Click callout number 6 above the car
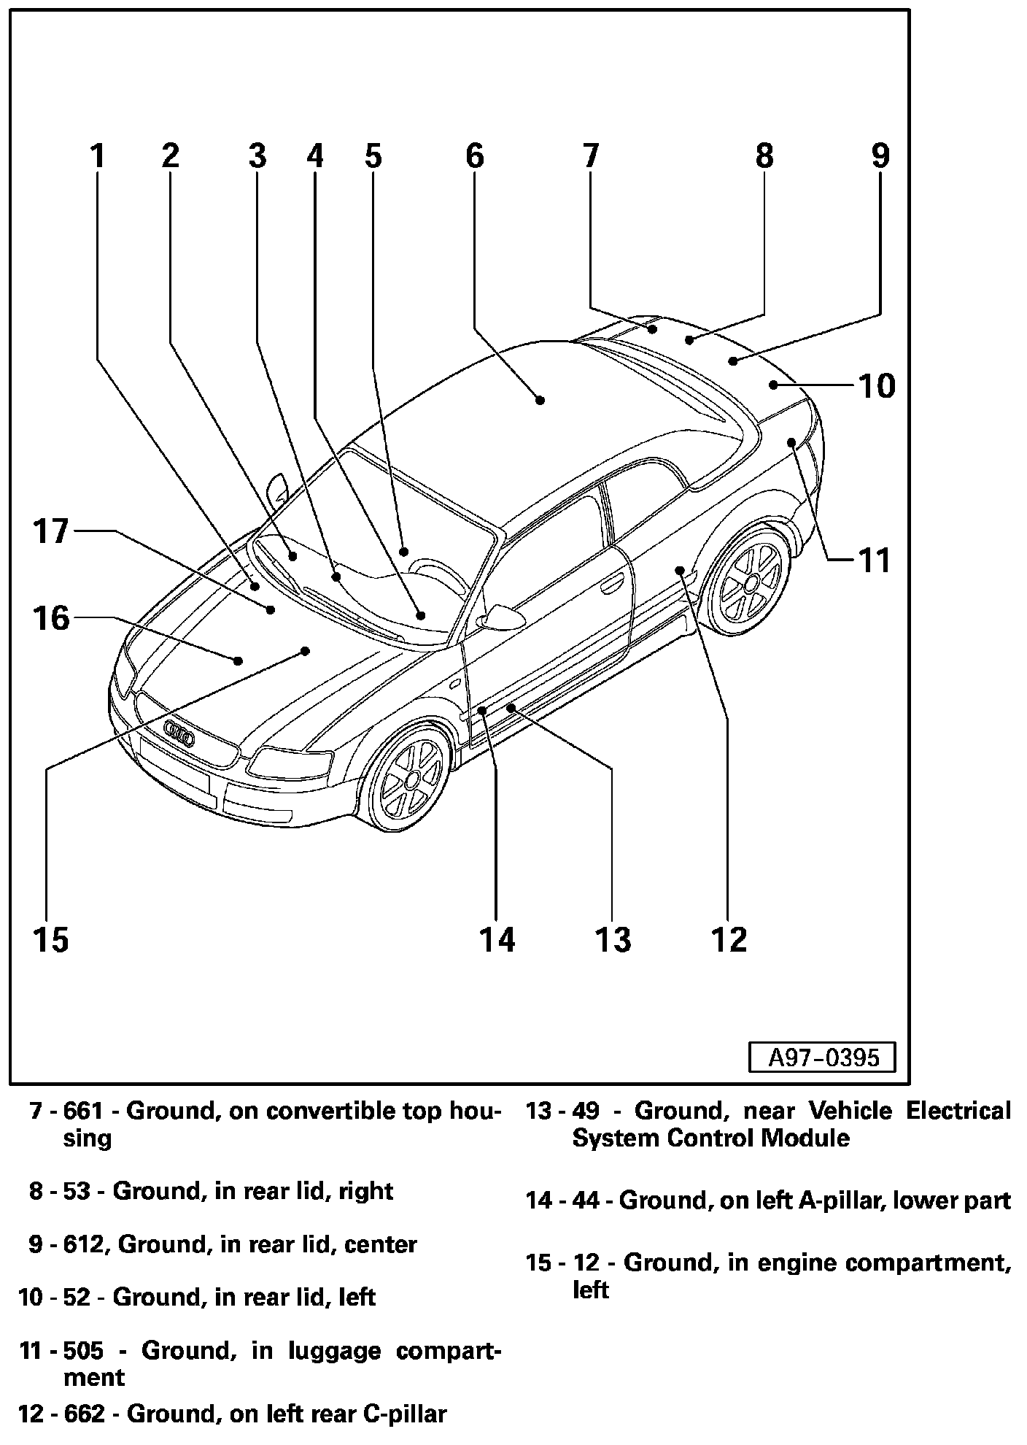(x=474, y=156)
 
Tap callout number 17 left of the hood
(x=50, y=531)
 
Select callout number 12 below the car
(x=729, y=940)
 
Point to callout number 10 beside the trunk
(x=877, y=385)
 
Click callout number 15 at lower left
(x=50, y=940)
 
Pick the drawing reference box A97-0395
(x=821, y=1057)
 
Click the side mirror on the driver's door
(x=503, y=617)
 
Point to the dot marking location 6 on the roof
(x=540, y=399)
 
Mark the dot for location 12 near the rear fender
(x=679, y=569)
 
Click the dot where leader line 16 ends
(x=239, y=660)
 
